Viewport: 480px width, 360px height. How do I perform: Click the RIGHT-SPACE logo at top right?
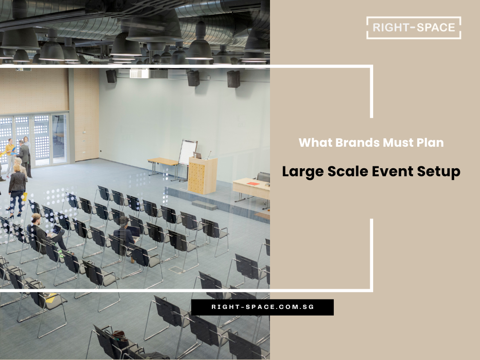[x=414, y=28]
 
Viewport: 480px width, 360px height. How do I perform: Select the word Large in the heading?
[x=301, y=172]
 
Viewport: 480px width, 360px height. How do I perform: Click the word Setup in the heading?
[x=440, y=172]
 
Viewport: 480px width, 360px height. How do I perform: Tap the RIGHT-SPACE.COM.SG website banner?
[x=262, y=307]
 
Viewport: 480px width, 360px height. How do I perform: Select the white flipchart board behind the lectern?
[x=187, y=152]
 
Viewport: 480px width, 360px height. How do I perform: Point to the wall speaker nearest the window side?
[x=111, y=76]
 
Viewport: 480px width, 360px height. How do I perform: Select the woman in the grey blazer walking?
[x=17, y=187]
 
